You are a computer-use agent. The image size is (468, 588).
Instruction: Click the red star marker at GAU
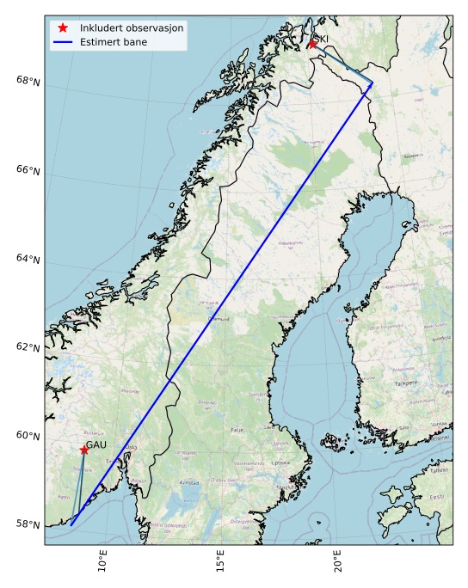[83, 450]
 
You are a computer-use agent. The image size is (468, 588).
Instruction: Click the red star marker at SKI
[311, 44]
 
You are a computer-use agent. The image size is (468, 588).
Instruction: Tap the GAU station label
[96, 444]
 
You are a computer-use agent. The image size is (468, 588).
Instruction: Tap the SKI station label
[322, 39]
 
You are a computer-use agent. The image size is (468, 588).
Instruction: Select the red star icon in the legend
[63, 28]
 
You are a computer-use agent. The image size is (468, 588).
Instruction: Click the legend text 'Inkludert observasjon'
[132, 28]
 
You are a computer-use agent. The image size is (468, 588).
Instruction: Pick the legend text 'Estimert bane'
[114, 42]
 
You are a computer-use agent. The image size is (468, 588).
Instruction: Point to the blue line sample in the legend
[63, 42]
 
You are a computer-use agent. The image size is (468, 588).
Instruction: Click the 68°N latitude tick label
[28, 81]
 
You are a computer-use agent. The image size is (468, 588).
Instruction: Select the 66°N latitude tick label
[28, 170]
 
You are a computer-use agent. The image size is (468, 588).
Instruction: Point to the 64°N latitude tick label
[28, 260]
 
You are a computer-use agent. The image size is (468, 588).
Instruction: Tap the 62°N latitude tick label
[28, 348]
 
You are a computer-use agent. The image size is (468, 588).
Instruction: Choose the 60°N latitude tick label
[28, 437]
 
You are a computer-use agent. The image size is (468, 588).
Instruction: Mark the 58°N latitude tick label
[28, 525]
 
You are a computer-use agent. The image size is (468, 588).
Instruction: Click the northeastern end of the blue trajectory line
[372, 83]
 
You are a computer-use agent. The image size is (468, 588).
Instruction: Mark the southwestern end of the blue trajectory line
[71, 524]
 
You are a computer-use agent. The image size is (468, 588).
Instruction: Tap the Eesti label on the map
[437, 497]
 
